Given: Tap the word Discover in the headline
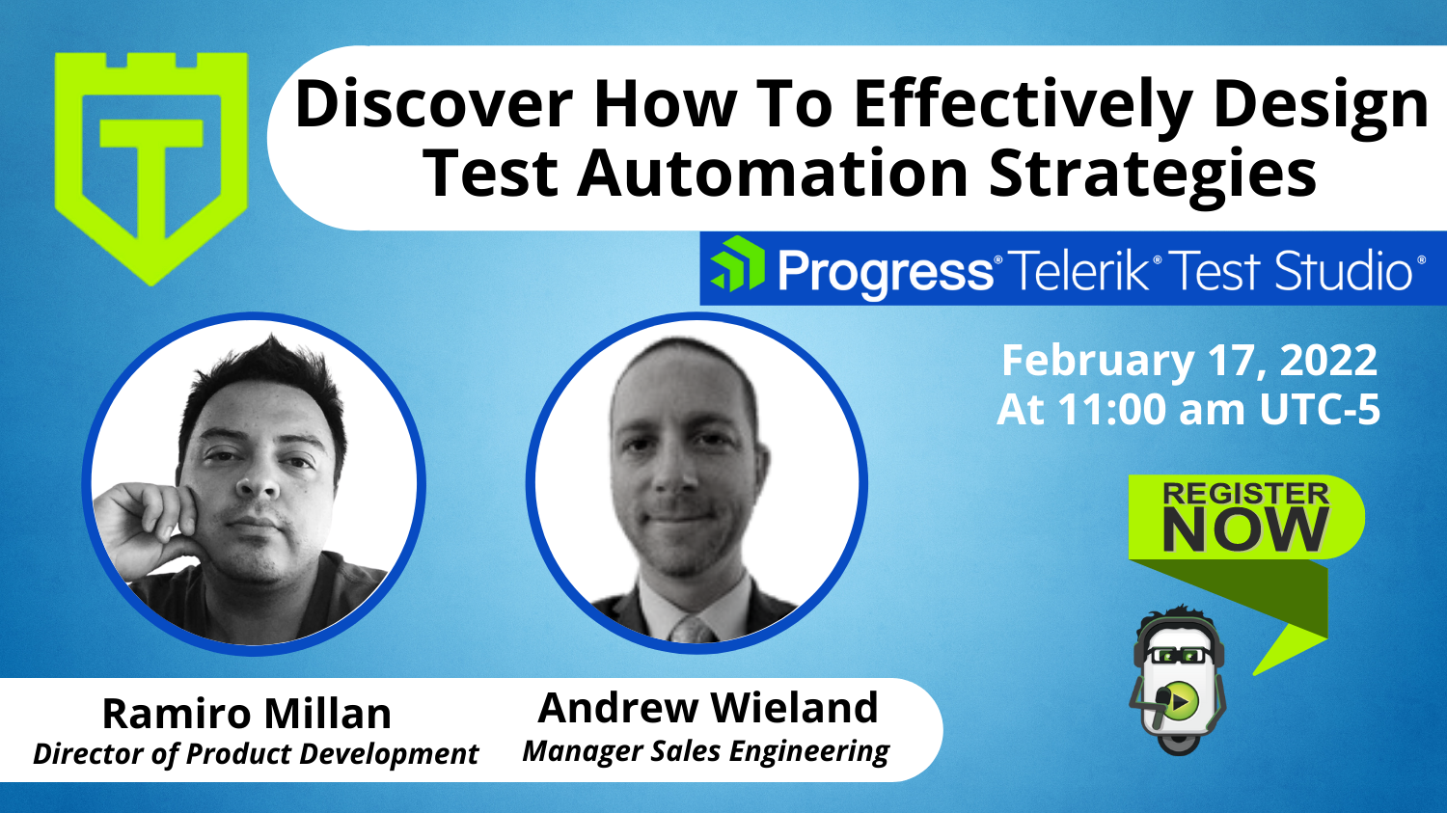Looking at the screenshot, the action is (434, 104).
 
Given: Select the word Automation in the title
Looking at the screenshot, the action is (772, 173).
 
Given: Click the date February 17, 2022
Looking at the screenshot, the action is (1189, 361).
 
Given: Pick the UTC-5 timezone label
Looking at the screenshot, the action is (1320, 410).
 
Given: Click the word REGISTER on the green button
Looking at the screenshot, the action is (1245, 494).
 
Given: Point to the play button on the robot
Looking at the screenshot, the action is (1180, 700).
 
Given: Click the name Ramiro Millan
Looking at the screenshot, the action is (247, 714).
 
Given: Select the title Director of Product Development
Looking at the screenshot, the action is (256, 753).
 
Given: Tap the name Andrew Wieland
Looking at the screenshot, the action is (708, 708).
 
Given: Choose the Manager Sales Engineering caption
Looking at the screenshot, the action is (706, 751).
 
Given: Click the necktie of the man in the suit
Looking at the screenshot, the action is (692, 630).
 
